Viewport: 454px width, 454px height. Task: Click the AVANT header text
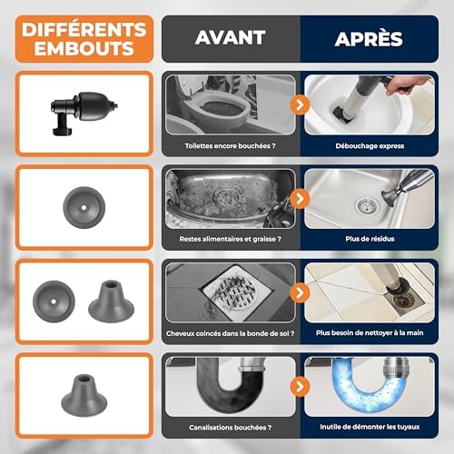[x=230, y=37]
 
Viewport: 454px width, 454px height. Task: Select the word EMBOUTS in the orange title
[x=84, y=48]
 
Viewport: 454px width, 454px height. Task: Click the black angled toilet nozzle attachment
[x=84, y=113]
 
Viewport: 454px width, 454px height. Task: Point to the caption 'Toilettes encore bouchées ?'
[x=230, y=146]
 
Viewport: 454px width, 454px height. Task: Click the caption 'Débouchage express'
[x=370, y=146]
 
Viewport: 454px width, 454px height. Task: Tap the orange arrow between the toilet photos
[x=300, y=104]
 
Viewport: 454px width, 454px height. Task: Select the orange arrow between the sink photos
[x=300, y=199]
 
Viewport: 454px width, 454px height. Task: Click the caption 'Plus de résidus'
[x=370, y=239]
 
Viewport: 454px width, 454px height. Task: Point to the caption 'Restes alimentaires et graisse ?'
[x=230, y=239]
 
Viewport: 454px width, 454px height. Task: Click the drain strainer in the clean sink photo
[x=367, y=206]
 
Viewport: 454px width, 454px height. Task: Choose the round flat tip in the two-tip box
[x=54, y=301]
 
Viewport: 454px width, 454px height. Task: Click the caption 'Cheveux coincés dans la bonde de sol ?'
[x=230, y=333]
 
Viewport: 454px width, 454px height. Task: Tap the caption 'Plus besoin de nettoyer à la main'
[x=370, y=333]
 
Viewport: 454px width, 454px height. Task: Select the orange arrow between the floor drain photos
[x=300, y=292]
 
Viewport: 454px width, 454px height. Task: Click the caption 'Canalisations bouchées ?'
[x=230, y=428]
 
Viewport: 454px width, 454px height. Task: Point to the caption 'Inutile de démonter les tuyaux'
[x=370, y=427]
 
